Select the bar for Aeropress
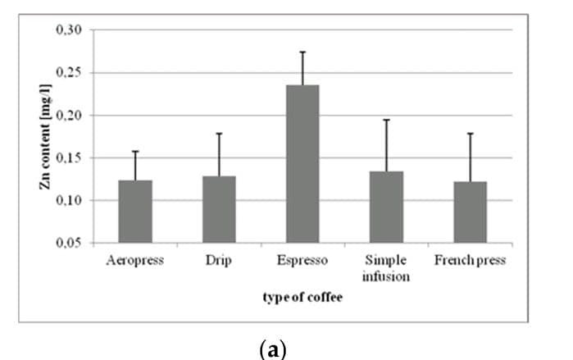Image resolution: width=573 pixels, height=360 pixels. (135, 212)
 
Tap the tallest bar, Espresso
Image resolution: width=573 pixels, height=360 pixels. (302, 164)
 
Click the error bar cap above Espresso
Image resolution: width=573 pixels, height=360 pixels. (302, 52)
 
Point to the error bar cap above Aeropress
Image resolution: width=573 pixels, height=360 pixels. (135, 151)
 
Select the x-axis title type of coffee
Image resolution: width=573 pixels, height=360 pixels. (302, 297)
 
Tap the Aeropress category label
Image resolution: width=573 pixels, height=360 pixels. (135, 261)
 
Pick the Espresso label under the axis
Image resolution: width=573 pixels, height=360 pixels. (302, 261)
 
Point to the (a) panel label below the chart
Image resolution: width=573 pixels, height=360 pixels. (271, 348)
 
